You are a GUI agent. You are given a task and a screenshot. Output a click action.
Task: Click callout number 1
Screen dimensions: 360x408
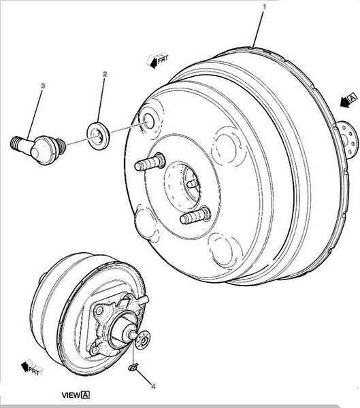(x=264, y=7)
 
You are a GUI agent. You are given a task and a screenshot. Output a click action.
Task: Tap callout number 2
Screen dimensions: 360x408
(x=105, y=74)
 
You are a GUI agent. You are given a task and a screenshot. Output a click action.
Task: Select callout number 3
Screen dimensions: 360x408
(x=43, y=86)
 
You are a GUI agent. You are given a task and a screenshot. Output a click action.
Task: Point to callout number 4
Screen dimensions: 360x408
(x=153, y=386)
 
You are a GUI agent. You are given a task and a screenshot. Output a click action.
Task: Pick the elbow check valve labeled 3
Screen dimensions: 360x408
(x=38, y=150)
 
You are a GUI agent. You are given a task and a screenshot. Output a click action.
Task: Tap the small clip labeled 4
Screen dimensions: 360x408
(x=133, y=367)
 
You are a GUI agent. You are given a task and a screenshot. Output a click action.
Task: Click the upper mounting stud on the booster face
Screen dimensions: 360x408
(x=150, y=162)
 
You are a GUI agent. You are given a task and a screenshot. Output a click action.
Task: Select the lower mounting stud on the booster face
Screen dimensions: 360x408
(x=195, y=216)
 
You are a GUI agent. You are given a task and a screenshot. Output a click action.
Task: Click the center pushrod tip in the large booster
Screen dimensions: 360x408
(x=192, y=184)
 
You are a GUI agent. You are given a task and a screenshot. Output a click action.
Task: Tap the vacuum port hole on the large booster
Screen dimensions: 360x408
(x=149, y=122)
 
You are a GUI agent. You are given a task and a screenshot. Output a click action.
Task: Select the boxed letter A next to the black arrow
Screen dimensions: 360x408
(x=353, y=98)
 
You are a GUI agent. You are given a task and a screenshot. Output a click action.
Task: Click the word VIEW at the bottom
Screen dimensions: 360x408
(x=71, y=395)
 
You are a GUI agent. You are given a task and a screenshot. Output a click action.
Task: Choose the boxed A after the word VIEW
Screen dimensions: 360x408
(x=86, y=395)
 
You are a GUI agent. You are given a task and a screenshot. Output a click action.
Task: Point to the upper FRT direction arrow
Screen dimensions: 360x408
(x=158, y=61)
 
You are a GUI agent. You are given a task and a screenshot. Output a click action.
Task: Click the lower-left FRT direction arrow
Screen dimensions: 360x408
(x=32, y=367)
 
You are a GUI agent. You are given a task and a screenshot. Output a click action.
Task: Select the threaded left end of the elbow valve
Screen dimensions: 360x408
(x=16, y=143)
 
